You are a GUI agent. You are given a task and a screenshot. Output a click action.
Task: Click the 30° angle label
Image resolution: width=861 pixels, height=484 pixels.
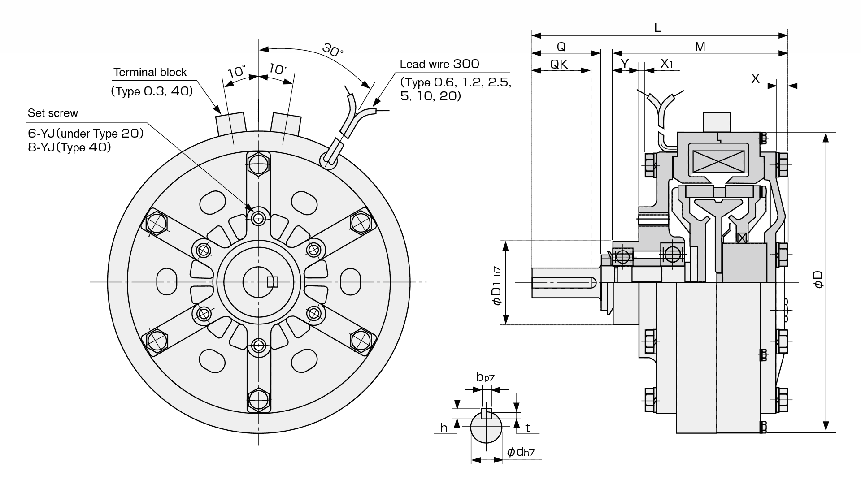(332, 50)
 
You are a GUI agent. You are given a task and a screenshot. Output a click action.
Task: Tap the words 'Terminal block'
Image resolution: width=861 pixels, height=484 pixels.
(150, 72)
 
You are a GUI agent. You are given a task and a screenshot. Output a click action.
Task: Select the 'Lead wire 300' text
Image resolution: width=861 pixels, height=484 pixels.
(439, 64)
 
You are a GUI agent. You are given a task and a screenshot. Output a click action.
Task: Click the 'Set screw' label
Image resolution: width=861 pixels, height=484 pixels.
(52, 113)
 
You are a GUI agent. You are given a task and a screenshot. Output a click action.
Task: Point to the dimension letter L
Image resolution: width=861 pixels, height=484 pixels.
(657, 28)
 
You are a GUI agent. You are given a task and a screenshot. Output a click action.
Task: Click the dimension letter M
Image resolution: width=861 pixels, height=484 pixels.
(700, 47)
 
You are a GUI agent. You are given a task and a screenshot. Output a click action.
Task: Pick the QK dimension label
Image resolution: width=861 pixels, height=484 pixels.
(559, 65)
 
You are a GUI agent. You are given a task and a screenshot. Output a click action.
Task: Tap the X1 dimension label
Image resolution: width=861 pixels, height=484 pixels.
(667, 64)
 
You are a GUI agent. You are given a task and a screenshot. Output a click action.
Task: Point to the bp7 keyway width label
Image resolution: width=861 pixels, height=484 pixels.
(485, 377)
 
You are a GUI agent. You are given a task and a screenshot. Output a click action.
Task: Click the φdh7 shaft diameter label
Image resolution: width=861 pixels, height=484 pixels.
(521, 452)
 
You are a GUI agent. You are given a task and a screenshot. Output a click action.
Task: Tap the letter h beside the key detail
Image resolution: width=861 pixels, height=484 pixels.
(444, 428)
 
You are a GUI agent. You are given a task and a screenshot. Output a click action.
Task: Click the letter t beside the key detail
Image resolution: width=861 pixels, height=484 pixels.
(527, 428)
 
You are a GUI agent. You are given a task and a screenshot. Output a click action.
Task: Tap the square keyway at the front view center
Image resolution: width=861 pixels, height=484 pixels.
(272, 282)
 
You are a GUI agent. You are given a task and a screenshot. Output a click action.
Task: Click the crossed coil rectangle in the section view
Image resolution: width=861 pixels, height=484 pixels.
(718, 162)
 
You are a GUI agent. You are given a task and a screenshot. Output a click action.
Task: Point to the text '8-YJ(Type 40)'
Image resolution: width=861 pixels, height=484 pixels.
(69, 147)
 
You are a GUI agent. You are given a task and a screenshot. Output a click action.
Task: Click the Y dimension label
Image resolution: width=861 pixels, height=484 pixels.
(625, 64)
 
